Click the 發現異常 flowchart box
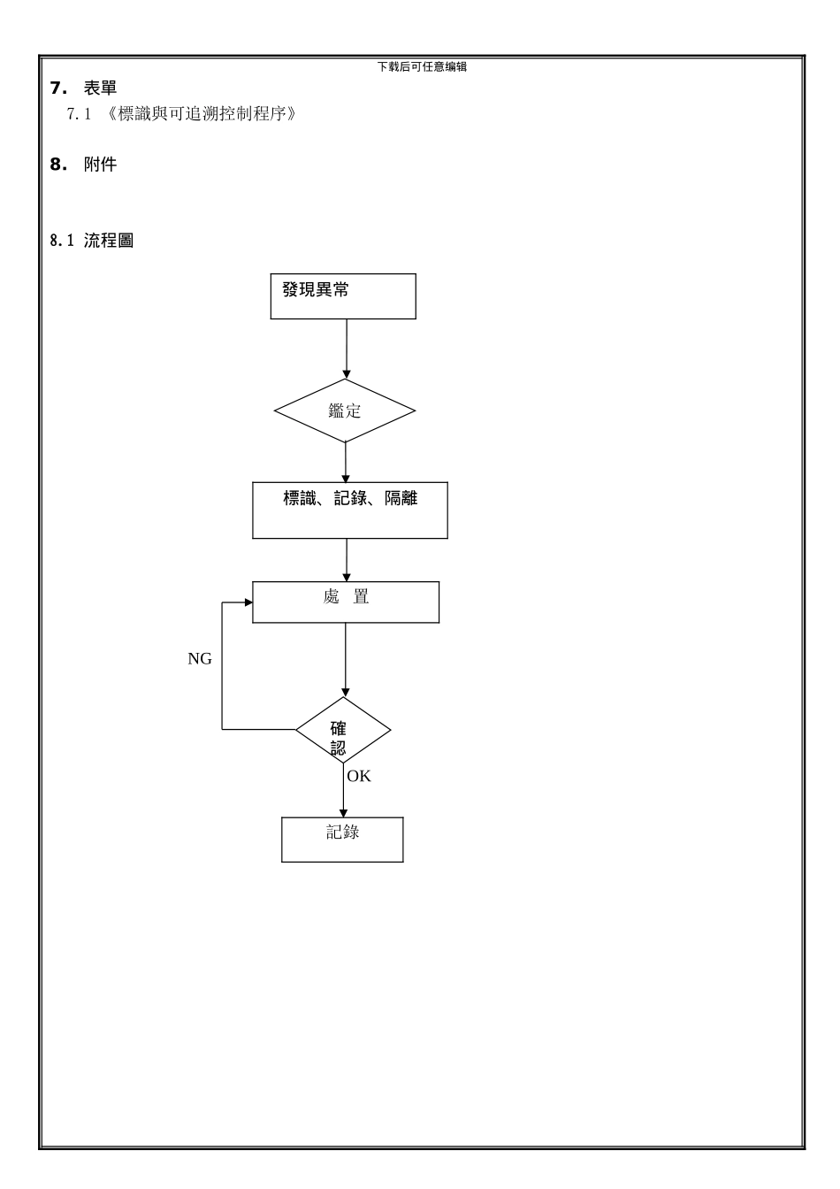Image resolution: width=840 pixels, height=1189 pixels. [343, 296]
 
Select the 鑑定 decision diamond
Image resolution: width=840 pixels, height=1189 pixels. [345, 411]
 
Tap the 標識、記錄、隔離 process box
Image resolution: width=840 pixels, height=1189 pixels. [350, 510]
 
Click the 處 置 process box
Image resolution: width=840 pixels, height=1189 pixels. [346, 602]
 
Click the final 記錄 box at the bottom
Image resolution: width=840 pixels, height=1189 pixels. [342, 840]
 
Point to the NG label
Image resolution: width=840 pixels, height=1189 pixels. [200, 659]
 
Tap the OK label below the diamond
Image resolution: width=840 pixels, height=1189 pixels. [359, 777]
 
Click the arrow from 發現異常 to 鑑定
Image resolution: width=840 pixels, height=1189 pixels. [347, 349]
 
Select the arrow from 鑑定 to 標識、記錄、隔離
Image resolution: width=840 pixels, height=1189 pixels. [346, 462]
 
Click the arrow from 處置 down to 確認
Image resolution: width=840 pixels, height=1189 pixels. [346, 659]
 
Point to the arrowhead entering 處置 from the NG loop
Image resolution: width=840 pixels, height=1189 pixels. [248, 602]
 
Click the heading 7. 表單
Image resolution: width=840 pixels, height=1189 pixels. [83, 88]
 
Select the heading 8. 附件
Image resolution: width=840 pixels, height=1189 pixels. [83, 165]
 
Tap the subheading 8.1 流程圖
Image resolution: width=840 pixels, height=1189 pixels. [92, 241]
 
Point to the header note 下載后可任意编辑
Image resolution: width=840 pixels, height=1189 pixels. [422, 66]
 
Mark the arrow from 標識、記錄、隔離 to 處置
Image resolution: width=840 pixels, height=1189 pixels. [347, 560]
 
